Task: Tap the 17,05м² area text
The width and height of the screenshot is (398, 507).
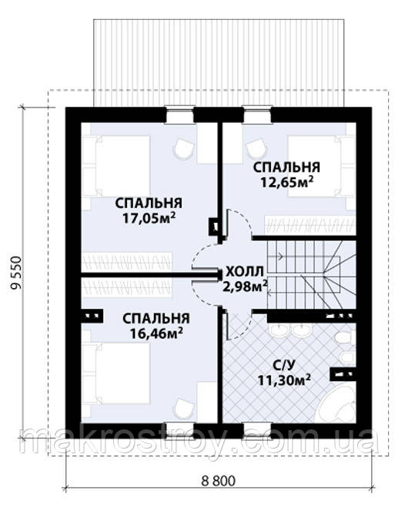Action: tap(149, 218)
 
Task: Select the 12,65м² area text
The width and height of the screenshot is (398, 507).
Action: tap(287, 182)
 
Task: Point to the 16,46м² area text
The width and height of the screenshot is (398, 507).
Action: tap(156, 333)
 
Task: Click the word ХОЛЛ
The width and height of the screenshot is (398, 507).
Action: tap(245, 272)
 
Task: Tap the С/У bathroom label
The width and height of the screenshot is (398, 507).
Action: tap(284, 366)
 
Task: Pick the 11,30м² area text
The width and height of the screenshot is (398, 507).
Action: tap(284, 380)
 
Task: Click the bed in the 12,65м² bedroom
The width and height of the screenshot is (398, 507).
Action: tap(322, 166)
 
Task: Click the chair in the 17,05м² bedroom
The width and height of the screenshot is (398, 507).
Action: tap(184, 148)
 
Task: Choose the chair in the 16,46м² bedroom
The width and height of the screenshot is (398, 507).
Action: tap(184, 408)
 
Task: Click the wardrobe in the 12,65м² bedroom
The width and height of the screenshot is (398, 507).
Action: tap(310, 225)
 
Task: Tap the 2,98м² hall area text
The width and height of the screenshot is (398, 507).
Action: tap(245, 287)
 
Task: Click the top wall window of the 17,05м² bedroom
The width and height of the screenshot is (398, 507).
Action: tap(179, 114)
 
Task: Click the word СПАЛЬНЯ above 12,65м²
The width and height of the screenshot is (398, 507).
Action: tap(286, 167)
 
